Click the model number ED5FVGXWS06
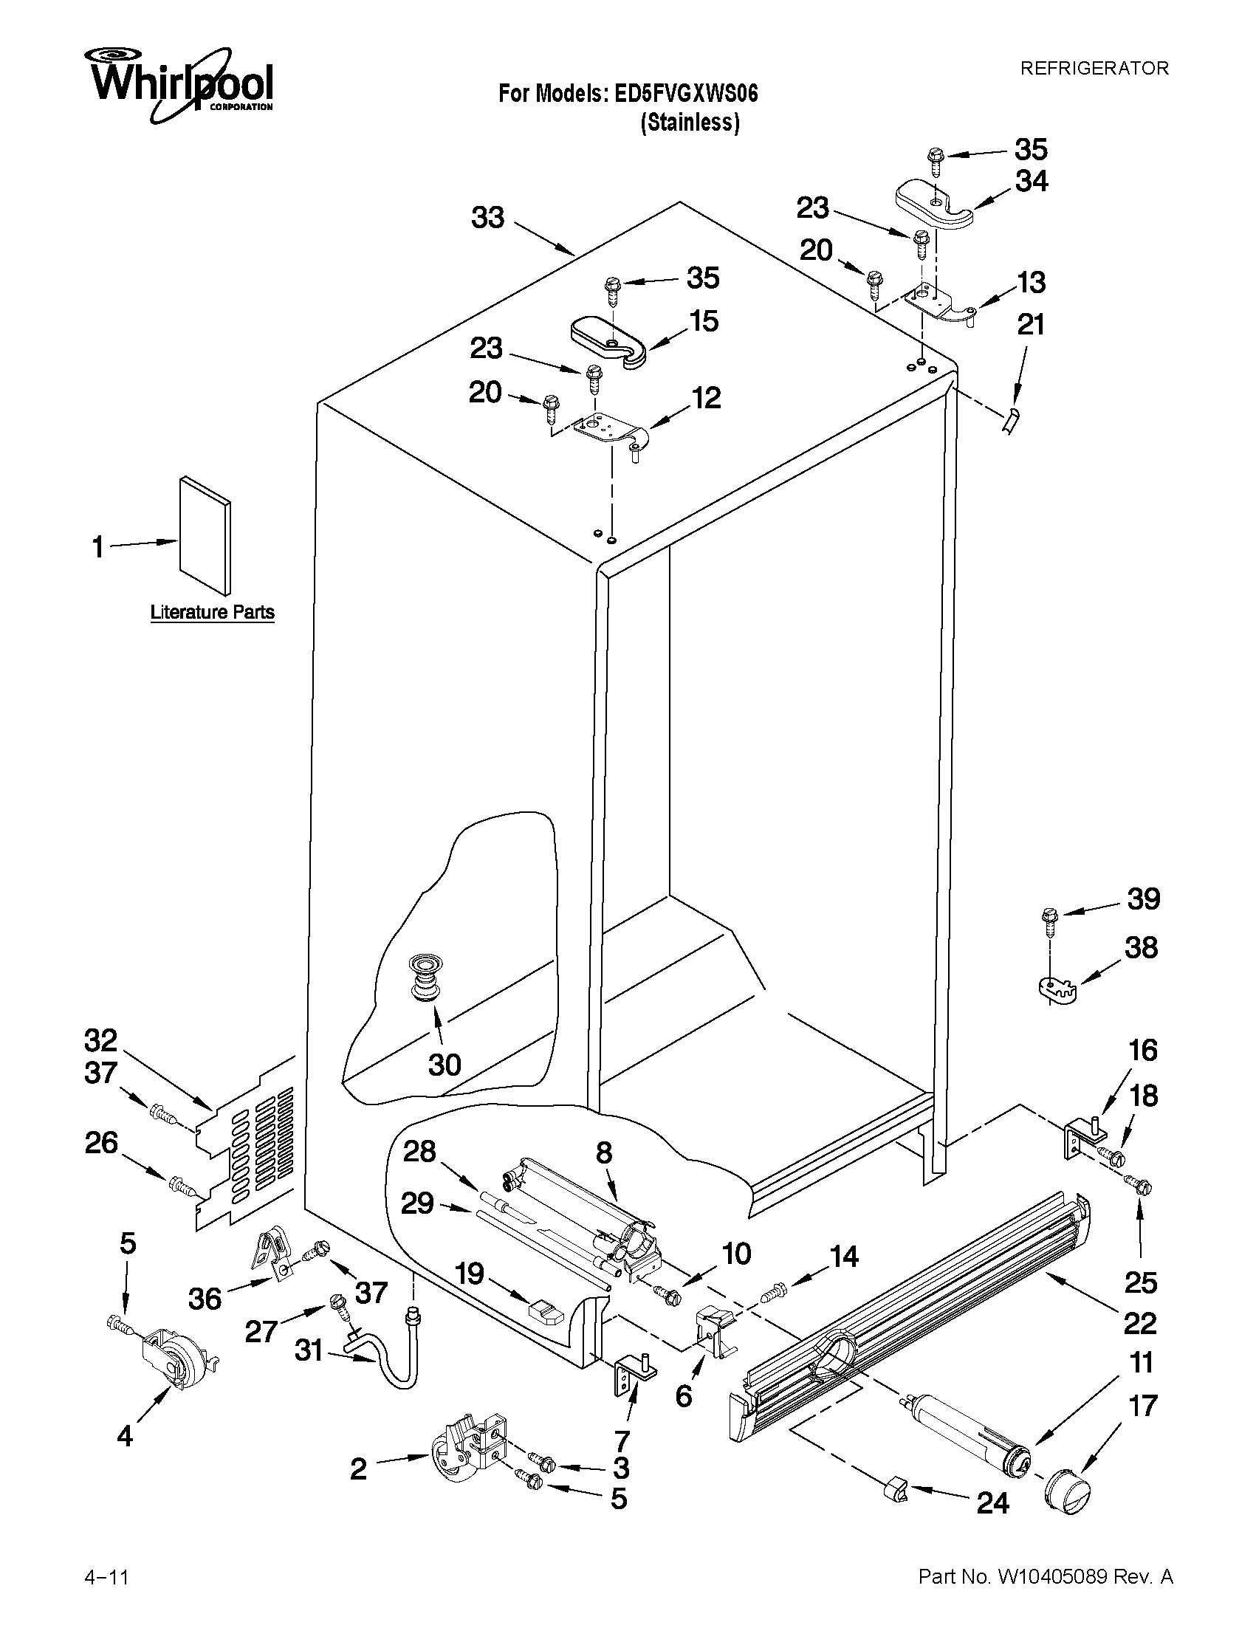tap(685, 94)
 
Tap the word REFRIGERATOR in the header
tap(1094, 69)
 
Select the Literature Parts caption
tap(212, 612)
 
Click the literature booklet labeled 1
tap(204, 537)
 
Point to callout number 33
tap(488, 218)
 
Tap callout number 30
tap(445, 1064)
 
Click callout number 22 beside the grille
tap(1139, 1322)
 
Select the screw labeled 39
tap(1050, 920)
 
